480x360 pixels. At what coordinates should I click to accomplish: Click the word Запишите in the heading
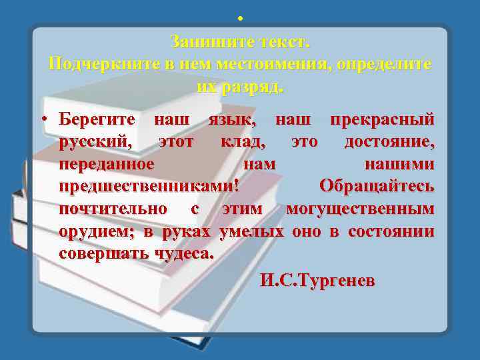204,42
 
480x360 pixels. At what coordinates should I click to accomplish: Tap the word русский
99,142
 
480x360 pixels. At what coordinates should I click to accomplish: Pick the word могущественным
360,209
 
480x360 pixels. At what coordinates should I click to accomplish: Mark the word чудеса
185,254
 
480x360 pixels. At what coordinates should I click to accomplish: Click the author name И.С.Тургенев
317,281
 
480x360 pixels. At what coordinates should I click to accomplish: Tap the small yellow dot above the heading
239,18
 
